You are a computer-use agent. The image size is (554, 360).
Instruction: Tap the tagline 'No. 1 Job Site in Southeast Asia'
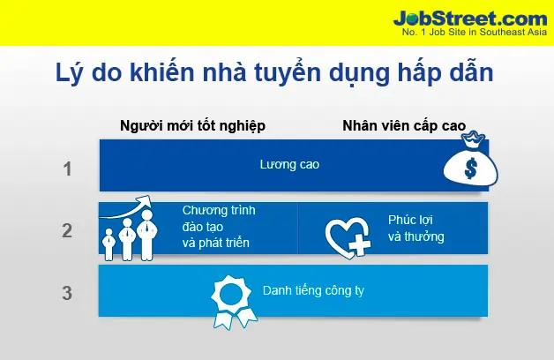(475, 32)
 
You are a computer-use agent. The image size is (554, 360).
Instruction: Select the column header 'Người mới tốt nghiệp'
(192, 126)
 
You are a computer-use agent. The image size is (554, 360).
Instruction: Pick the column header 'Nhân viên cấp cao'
(404, 126)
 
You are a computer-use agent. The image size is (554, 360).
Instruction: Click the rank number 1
(67, 169)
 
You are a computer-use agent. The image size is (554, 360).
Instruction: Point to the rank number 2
(67, 230)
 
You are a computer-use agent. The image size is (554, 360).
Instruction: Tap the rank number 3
(67, 293)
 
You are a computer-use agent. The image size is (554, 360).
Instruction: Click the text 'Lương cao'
(289, 165)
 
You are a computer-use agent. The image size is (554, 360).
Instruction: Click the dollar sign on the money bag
(470, 169)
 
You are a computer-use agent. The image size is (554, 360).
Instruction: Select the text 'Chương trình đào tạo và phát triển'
(219, 227)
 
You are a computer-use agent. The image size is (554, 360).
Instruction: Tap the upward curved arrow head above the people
(144, 202)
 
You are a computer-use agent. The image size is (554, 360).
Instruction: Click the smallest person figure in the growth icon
(109, 244)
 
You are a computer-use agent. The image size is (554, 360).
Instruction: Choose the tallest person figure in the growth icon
(147, 235)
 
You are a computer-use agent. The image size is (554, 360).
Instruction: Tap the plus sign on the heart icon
(359, 244)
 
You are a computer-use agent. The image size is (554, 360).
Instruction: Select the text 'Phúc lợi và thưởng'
(415, 229)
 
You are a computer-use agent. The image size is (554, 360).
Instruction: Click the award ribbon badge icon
(232, 302)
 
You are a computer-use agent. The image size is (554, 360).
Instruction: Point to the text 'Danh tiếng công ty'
(313, 291)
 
